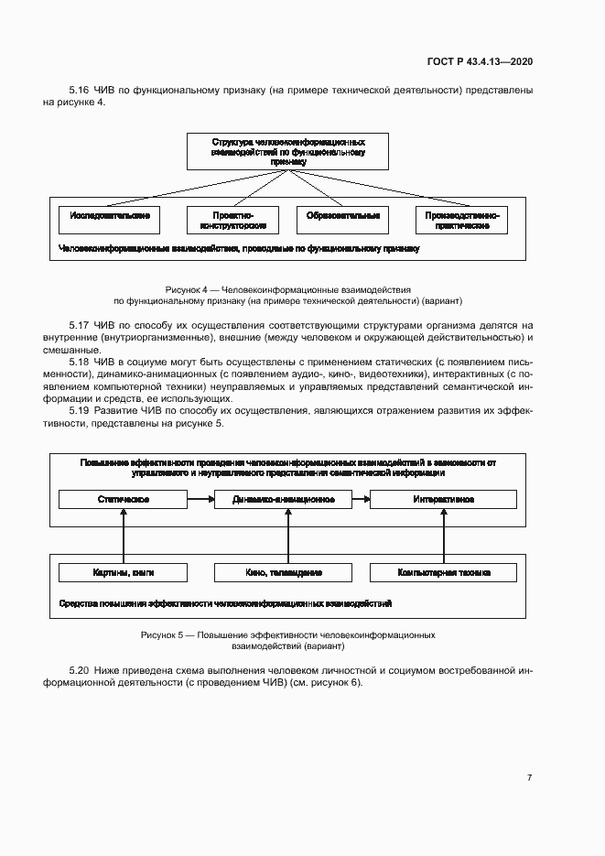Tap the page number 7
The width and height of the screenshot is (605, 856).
[x=529, y=777]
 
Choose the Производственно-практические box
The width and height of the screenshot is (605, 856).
[x=460, y=220]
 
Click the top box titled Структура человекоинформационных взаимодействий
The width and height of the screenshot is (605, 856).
[x=288, y=151]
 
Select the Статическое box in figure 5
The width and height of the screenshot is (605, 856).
[x=123, y=500]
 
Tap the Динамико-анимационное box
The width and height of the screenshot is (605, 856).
[x=284, y=500]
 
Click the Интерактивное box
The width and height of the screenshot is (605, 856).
[x=443, y=500]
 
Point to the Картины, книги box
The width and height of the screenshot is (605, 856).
[x=123, y=572]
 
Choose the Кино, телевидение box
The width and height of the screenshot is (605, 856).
[x=284, y=572]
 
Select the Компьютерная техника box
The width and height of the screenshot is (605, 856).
[x=443, y=572]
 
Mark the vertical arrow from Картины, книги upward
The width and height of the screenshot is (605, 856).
[x=123, y=536]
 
